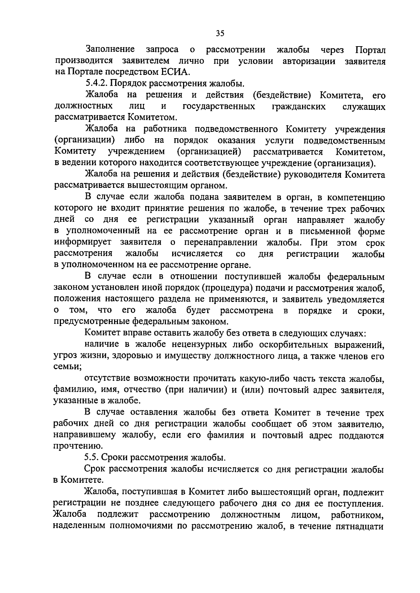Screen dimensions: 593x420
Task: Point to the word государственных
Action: pos(219,106)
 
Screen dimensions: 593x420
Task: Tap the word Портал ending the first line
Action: pos(370,50)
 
